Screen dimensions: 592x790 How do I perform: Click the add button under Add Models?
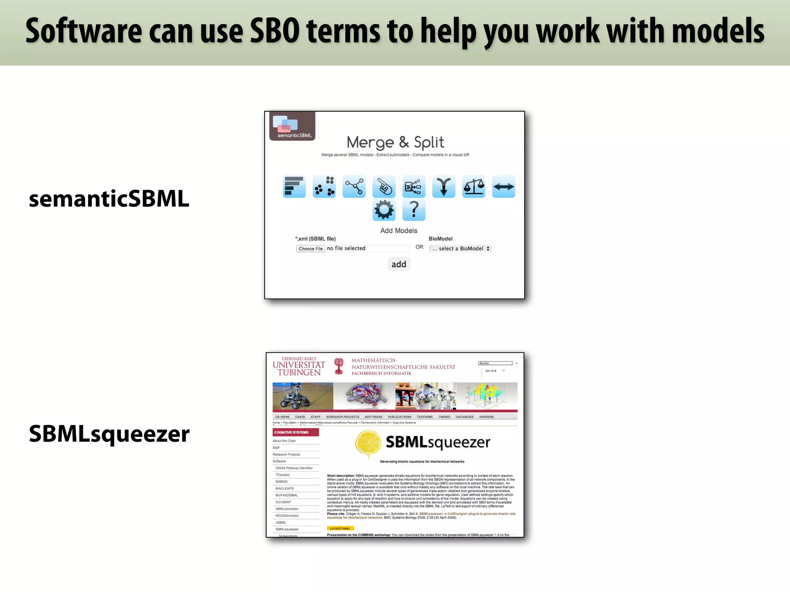click(398, 264)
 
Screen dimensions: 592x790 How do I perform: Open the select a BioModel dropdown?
click(460, 249)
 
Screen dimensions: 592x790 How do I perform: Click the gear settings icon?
click(384, 210)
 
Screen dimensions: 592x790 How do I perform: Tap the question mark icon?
click(414, 210)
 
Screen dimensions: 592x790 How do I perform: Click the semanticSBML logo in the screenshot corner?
click(292, 126)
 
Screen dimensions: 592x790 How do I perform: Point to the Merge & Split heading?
click(395, 142)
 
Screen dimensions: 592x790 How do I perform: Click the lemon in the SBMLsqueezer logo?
click(368, 443)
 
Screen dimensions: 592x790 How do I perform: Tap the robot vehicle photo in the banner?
click(303, 396)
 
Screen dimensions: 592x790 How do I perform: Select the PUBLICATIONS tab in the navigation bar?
click(399, 417)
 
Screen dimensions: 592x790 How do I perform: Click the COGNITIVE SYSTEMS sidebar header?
click(295, 432)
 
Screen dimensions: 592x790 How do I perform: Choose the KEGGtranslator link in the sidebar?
click(287, 516)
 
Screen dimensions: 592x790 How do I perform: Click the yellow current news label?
click(340, 528)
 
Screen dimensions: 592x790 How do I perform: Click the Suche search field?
click(495, 363)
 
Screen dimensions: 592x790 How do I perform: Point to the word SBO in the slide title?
click(275, 31)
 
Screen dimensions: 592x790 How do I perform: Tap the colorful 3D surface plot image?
click(487, 396)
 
